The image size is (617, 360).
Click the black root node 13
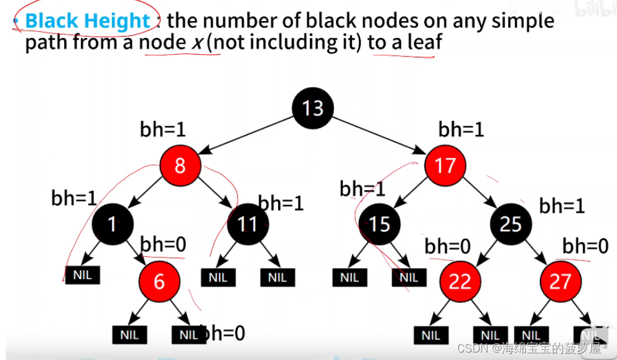(312, 108)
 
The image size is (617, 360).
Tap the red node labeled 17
(445, 165)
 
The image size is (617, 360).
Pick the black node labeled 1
(112, 223)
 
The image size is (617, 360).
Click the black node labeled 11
(247, 223)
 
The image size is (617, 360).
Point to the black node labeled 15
(379, 223)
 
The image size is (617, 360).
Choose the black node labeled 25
(510, 223)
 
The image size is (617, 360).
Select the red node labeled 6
(159, 281)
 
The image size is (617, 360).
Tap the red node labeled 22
(460, 281)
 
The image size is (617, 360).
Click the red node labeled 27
(560, 281)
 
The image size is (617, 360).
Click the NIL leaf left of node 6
(83, 274)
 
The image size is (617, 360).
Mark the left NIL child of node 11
(218, 277)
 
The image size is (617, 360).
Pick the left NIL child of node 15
(350, 277)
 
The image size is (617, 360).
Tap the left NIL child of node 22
(430, 335)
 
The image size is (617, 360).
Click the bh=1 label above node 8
(163, 129)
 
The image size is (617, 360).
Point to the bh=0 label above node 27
(585, 246)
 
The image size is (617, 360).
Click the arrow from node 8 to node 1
(146, 195)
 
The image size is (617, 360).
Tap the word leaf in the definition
(412, 44)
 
